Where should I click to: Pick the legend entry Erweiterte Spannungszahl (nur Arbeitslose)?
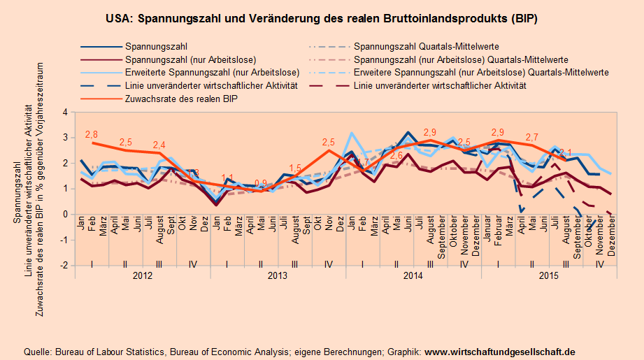coord(212,73)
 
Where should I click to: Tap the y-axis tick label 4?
coord(64,112)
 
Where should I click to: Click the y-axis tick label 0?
coord(64,215)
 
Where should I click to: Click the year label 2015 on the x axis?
coord(549,276)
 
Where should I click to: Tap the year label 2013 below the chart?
coord(278,276)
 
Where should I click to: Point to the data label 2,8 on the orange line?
coord(91,134)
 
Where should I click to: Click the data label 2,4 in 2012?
coord(159,145)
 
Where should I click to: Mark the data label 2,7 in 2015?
coord(532,137)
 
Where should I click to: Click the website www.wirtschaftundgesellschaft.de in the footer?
coord(500,352)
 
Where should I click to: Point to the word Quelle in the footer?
coord(37,352)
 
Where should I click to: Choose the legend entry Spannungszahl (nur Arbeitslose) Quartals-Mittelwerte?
coord(461,59)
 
